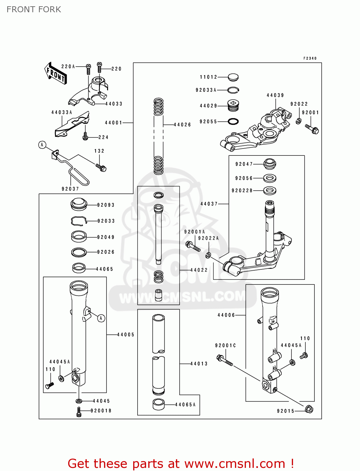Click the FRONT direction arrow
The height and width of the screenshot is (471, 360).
[x=55, y=73]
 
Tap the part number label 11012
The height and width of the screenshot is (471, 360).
[x=209, y=77]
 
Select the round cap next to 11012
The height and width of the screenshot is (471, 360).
[x=233, y=77]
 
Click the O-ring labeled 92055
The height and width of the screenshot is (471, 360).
[x=233, y=122]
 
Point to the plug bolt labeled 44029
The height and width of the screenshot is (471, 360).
[x=233, y=106]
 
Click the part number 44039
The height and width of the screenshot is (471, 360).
[x=275, y=95]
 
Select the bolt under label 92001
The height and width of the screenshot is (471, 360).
[x=312, y=129]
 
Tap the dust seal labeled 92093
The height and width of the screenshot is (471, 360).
[x=79, y=204]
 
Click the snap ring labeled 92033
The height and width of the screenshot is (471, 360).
[x=79, y=221]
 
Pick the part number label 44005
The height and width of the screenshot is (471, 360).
[x=126, y=335]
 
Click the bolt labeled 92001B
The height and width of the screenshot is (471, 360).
[x=79, y=412]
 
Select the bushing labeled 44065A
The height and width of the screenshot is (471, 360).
[x=159, y=404]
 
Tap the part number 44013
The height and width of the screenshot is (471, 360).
[x=199, y=364]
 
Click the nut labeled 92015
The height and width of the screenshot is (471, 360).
[x=309, y=409]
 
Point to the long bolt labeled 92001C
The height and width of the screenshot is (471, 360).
[x=225, y=360]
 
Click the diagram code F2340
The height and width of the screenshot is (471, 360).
[x=310, y=58]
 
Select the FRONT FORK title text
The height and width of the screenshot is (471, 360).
[x=34, y=9]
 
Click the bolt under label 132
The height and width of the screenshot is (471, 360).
[x=101, y=168]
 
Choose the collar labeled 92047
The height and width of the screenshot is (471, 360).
[x=270, y=164]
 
